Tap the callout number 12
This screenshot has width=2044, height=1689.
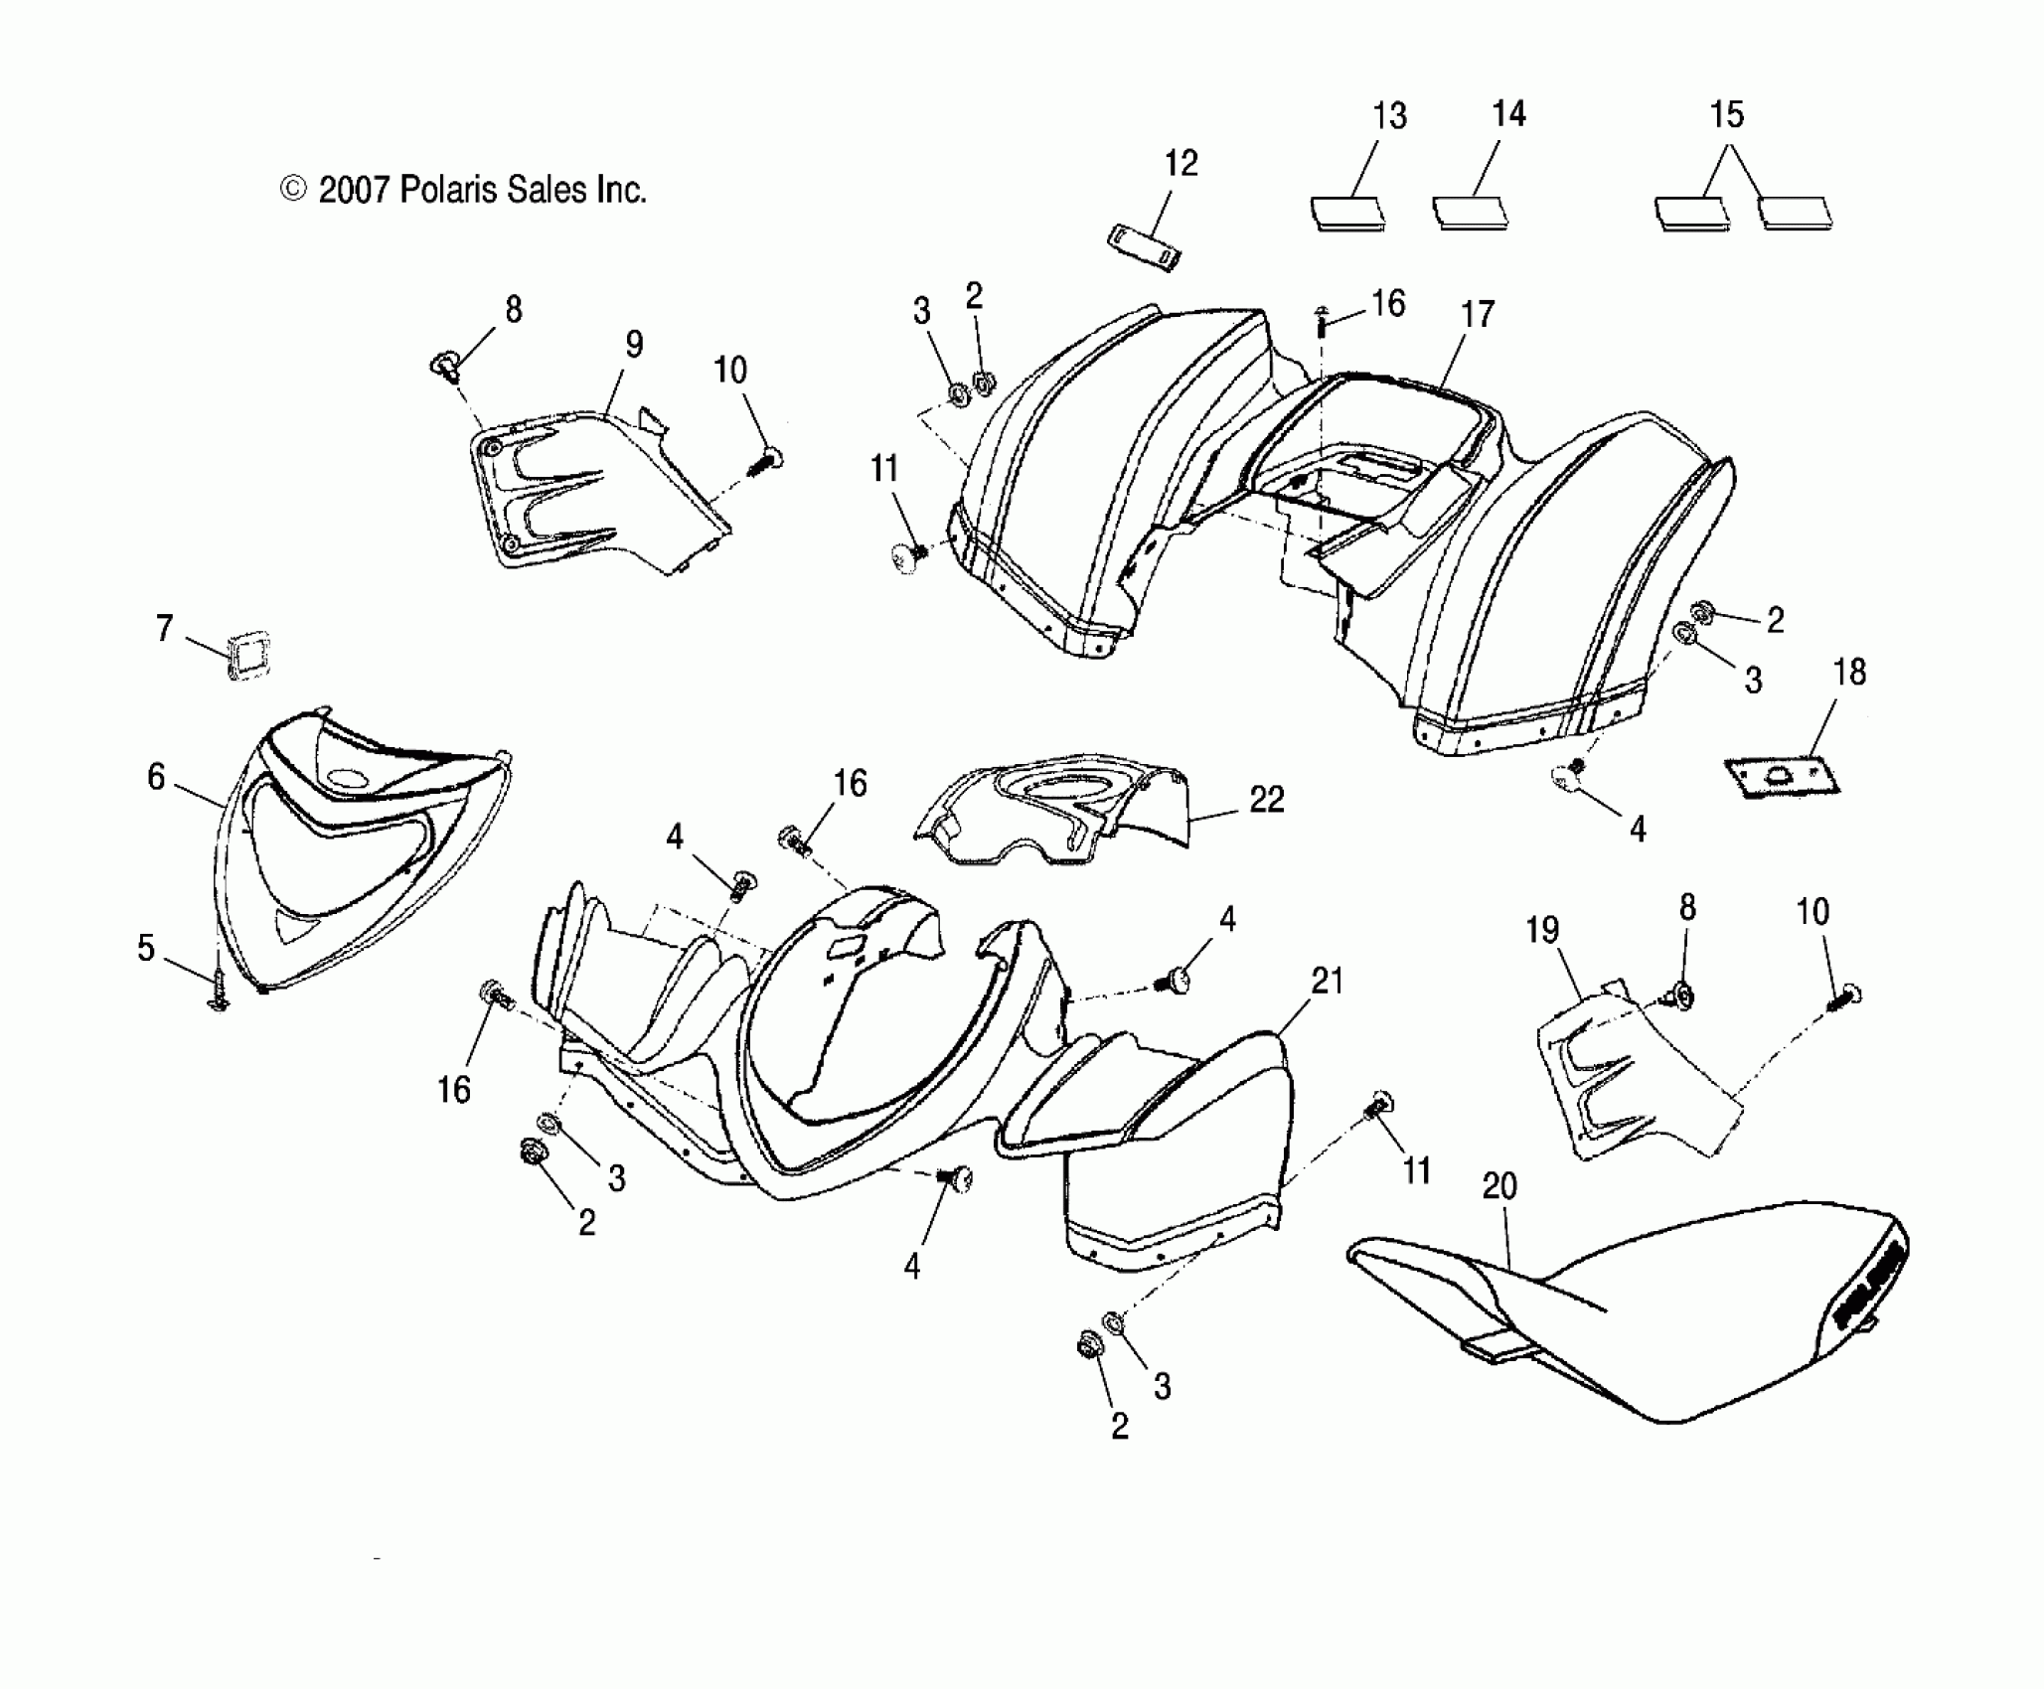tap(1180, 163)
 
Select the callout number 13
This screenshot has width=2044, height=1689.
tap(1389, 116)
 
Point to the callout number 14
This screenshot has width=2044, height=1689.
tap(1508, 114)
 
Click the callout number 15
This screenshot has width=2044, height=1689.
tap(1727, 115)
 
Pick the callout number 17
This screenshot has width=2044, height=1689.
tap(1478, 315)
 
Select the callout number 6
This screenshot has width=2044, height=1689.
tap(156, 777)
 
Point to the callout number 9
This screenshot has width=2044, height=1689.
tap(634, 345)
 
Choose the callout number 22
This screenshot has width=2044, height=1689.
tap(1267, 800)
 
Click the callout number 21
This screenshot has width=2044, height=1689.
tap(1328, 982)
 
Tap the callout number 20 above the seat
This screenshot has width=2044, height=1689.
tap(1499, 1186)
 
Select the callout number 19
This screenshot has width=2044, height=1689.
tap(1542, 931)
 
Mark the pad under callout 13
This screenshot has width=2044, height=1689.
tap(1345, 213)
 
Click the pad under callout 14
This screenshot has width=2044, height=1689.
tap(1469, 213)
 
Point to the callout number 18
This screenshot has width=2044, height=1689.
tap(1849, 673)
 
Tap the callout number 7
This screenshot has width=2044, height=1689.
tap(164, 628)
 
